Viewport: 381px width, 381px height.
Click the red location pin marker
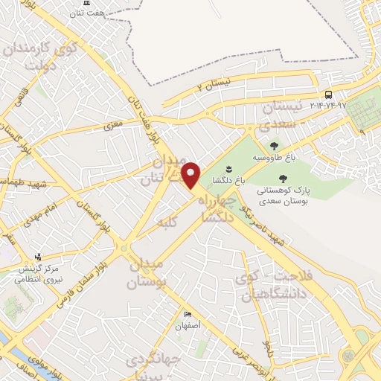coord(191,175)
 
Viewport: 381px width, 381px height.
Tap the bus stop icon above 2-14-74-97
coord(328,95)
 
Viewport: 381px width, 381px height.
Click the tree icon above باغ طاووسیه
coord(275,147)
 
